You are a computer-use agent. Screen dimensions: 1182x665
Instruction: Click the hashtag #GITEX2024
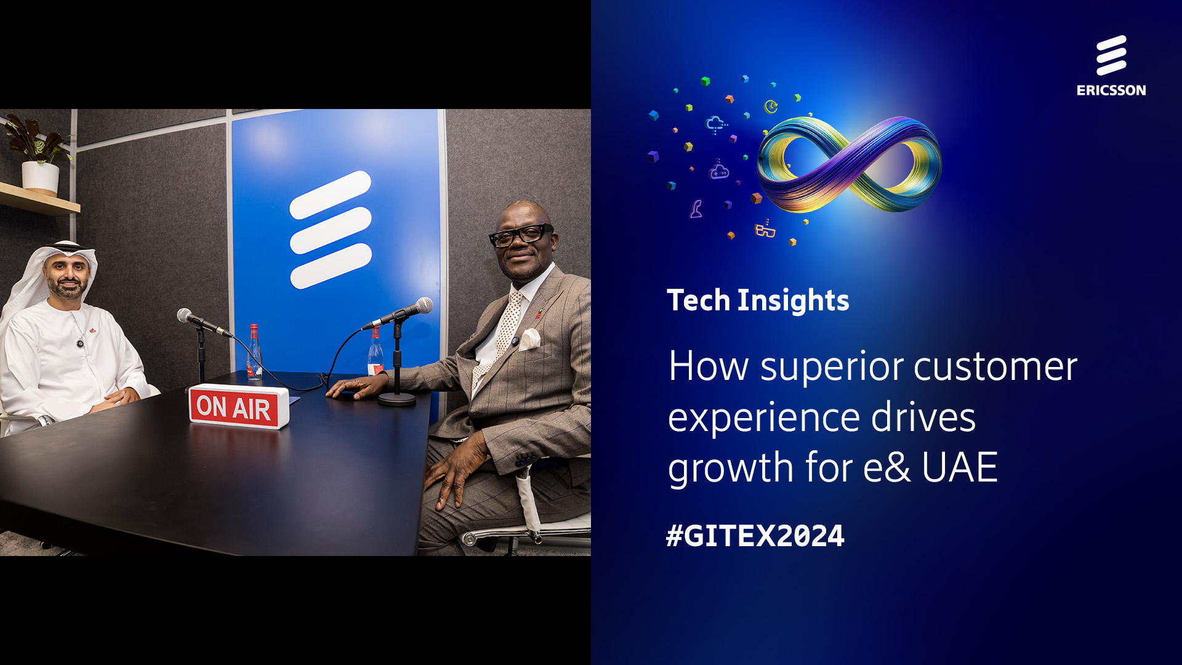(755, 536)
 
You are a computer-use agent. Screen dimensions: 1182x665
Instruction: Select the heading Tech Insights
(758, 300)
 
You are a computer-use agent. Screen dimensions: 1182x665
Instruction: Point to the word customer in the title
(995, 367)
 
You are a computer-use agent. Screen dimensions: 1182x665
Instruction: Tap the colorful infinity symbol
(849, 164)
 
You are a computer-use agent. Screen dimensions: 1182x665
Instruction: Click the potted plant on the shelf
(38, 154)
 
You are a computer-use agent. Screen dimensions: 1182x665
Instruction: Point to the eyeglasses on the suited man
(520, 235)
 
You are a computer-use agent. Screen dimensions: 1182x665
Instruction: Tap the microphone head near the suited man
(423, 305)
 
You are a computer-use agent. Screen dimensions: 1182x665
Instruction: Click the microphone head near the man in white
(185, 315)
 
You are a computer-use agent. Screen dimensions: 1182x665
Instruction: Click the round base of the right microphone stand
(397, 399)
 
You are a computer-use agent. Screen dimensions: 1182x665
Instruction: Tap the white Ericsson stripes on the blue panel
(331, 230)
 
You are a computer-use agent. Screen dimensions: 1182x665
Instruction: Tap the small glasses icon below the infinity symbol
(765, 229)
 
